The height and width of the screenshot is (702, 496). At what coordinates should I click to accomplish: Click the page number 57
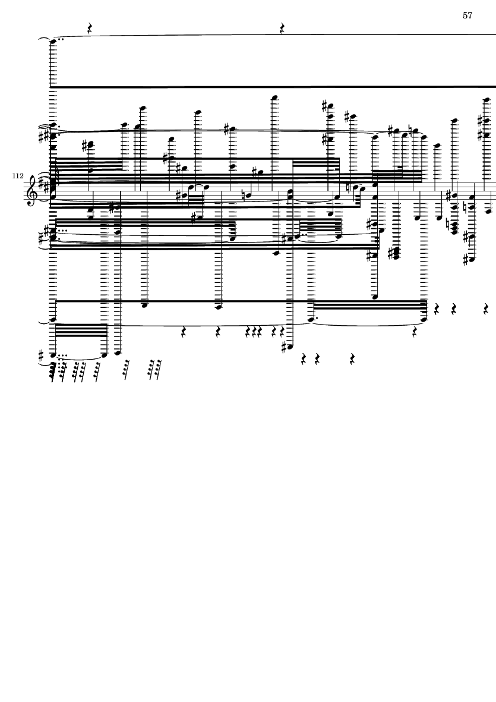click(467, 15)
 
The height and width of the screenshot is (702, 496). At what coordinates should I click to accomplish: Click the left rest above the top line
click(89, 28)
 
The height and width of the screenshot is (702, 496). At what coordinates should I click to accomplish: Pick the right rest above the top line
click(282, 28)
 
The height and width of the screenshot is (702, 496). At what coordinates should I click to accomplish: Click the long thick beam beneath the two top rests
click(273, 87)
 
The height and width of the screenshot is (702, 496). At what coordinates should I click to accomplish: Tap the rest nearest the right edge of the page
click(486, 309)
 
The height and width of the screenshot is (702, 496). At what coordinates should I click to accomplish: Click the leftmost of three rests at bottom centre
click(304, 359)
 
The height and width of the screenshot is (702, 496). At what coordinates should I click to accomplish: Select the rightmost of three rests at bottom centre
click(352, 359)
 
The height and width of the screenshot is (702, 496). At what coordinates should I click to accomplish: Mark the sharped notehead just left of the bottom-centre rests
click(290, 348)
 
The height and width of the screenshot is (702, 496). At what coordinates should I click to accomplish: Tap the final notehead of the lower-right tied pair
click(424, 319)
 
